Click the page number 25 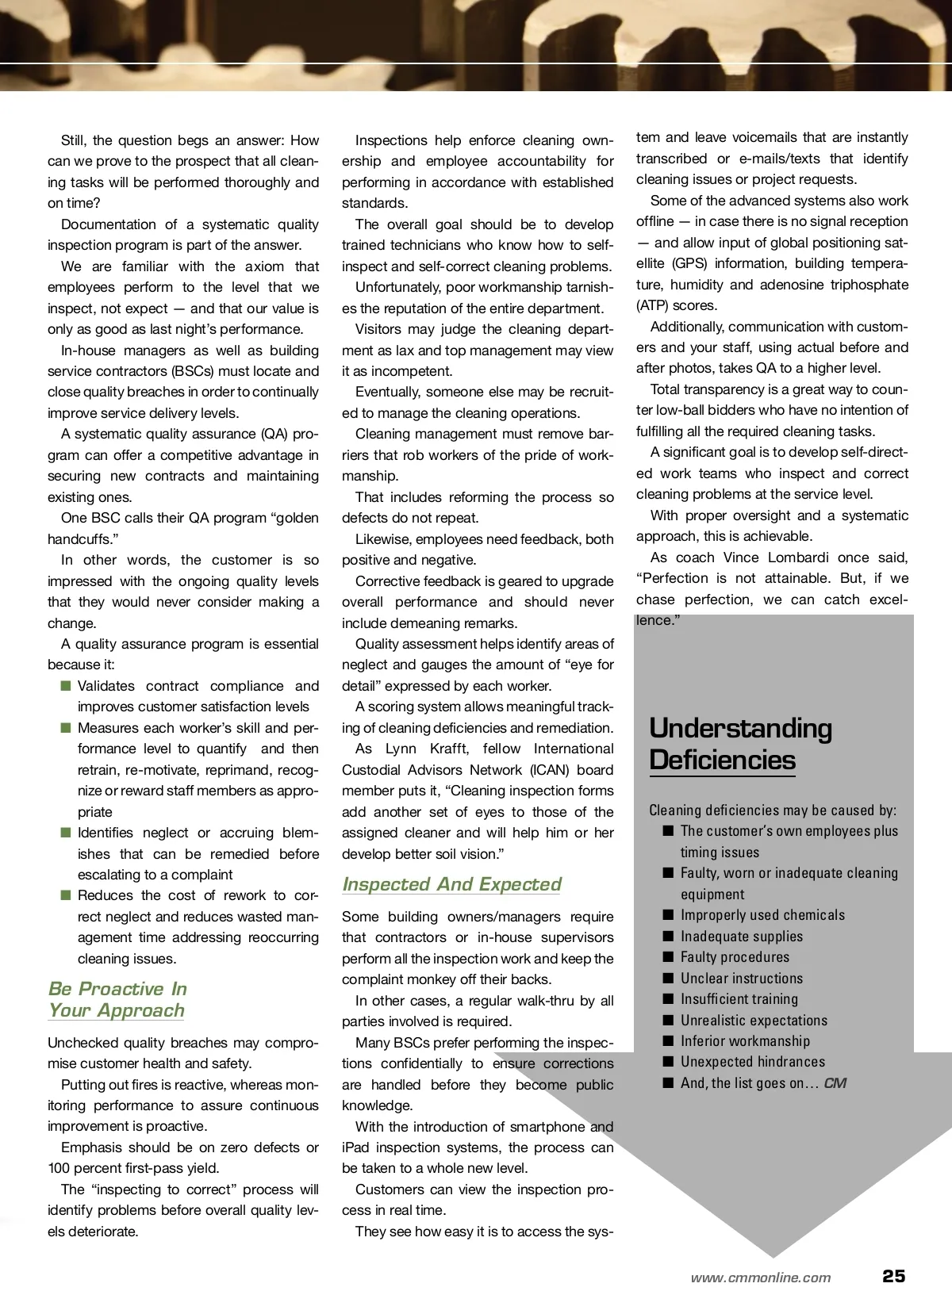[x=893, y=1276]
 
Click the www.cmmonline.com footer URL [x=761, y=1277]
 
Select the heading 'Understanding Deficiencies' [x=740, y=744]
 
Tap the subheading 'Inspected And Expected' [x=451, y=884]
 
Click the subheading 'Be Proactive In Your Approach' [x=117, y=999]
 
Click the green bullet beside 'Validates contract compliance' [x=65, y=685]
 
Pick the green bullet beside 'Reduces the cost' [x=65, y=895]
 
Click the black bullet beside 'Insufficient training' [x=668, y=999]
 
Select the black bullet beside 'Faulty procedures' [x=668, y=957]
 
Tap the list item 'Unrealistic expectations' [x=754, y=1021]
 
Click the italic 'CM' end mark [x=835, y=1083]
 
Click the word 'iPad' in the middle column [x=355, y=1147]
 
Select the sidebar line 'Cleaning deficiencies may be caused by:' [x=773, y=810]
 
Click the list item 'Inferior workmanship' [x=745, y=1041]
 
